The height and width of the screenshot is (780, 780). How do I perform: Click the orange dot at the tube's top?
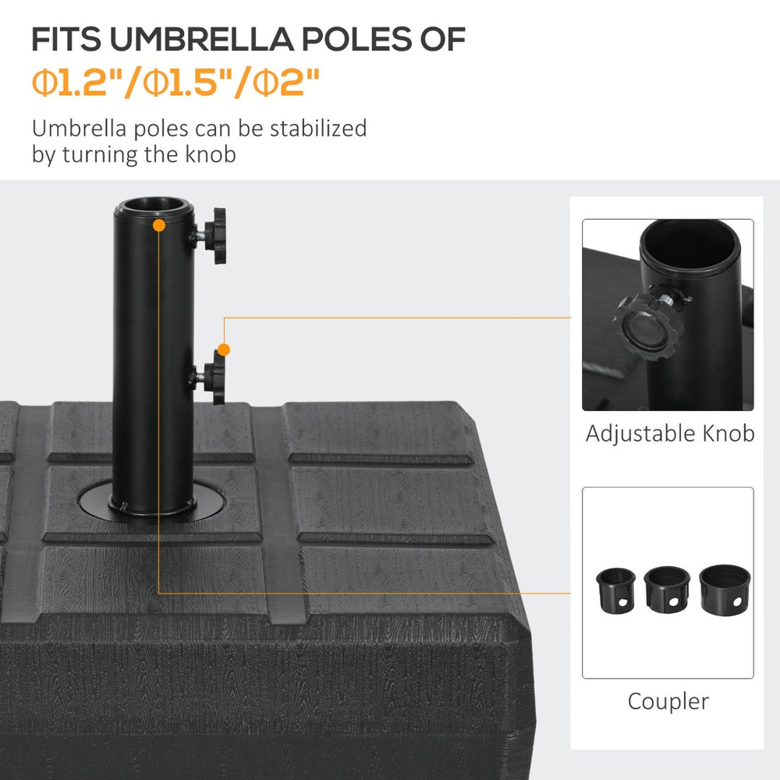coord(159,225)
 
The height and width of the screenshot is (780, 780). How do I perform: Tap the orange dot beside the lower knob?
coord(224,349)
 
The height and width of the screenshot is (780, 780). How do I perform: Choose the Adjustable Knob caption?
coord(669,434)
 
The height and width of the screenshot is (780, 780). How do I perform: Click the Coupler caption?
coord(668,701)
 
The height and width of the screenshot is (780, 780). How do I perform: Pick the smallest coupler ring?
coord(615,589)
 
